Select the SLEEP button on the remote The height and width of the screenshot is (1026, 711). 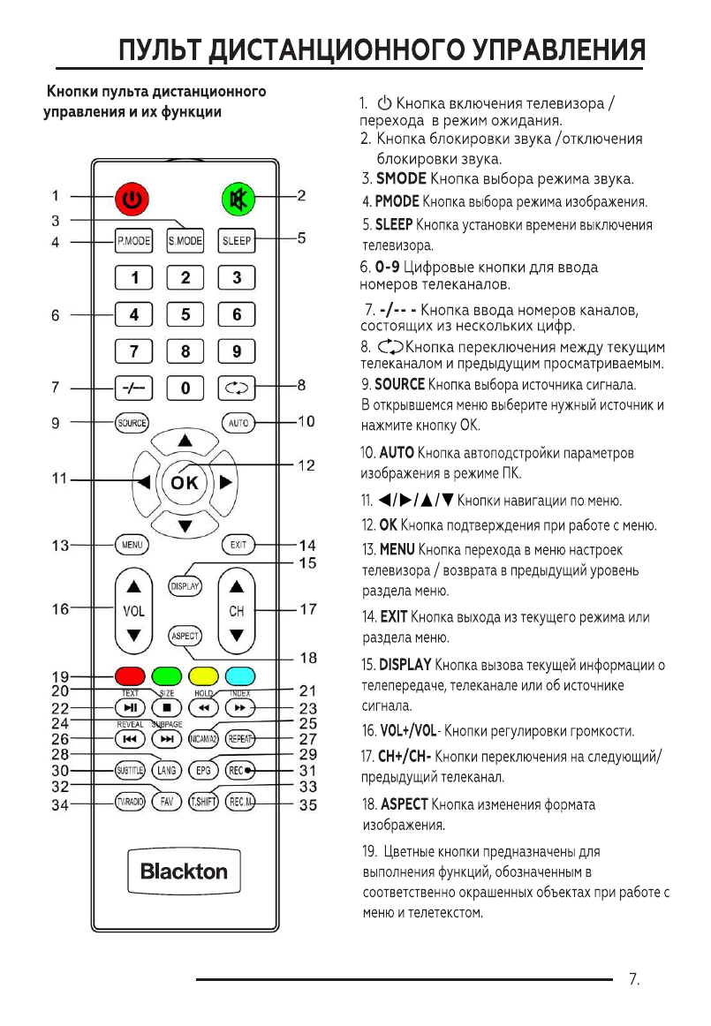237,240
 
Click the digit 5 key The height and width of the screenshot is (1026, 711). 185,313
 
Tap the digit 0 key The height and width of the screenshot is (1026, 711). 185,387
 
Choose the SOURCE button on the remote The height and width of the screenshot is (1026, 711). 132,423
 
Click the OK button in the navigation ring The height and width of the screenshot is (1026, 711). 185,482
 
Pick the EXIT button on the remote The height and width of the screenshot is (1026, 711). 237,545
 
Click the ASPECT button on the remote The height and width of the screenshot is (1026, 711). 185,636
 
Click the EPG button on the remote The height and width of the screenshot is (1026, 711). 203,769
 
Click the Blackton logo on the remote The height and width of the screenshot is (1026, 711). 184,871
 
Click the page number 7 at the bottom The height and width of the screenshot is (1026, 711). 632,979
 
